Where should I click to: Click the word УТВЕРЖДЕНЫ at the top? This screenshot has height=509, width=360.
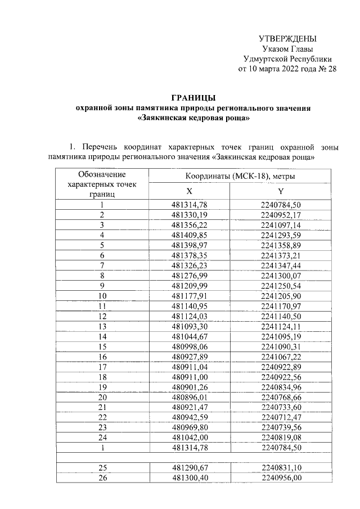click(287, 38)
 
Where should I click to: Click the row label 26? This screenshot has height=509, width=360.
click(102, 478)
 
